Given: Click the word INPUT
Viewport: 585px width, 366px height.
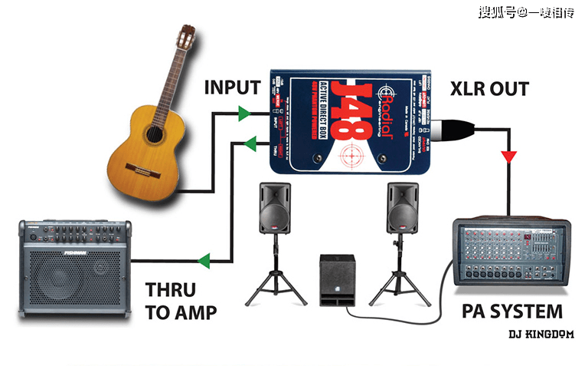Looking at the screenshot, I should click(x=232, y=88).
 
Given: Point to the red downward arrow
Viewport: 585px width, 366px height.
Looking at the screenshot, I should click(x=507, y=159).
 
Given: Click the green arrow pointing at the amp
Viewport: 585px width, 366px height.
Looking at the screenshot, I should click(x=203, y=262).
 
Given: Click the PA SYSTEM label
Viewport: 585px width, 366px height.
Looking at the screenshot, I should click(x=512, y=312).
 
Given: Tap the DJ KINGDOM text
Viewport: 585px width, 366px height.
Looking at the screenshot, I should click(x=541, y=335).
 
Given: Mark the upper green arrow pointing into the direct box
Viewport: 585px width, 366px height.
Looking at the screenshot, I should click(x=244, y=114).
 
